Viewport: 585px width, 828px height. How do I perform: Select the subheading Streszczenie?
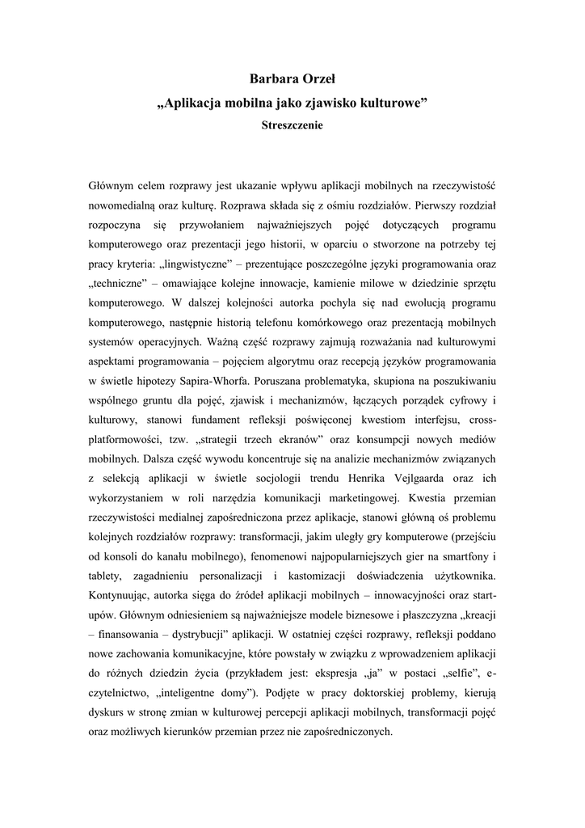(x=292, y=125)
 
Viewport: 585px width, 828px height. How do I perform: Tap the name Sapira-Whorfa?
(x=214, y=380)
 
